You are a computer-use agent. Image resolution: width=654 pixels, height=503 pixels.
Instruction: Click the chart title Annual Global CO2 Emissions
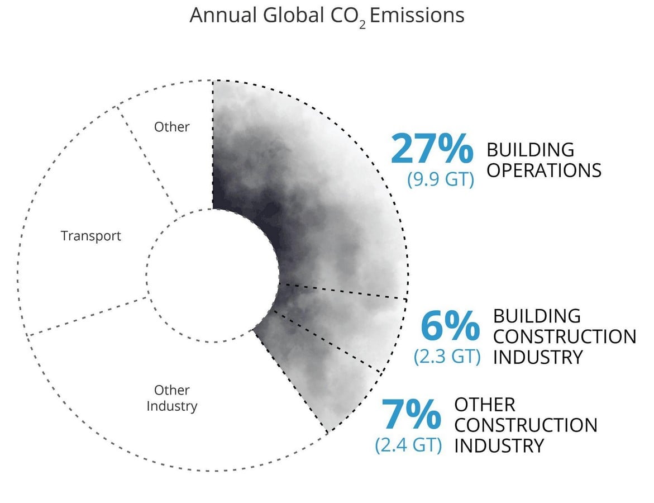coord(327,16)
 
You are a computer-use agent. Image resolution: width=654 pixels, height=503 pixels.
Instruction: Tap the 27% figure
coord(432,148)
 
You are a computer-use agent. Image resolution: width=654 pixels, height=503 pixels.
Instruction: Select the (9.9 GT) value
coord(441,179)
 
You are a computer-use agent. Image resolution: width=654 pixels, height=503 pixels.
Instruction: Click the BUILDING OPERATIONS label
coord(544,160)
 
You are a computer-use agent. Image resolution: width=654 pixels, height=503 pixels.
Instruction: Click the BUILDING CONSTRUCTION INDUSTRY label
coord(565,337)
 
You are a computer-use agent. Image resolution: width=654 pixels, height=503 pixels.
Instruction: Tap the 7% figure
coord(411,414)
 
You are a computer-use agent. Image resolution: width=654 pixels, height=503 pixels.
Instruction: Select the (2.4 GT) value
coord(408,445)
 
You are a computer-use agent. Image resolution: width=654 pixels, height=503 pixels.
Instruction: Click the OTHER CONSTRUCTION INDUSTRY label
coord(526,425)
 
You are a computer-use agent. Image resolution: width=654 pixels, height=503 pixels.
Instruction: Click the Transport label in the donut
coord(91,236)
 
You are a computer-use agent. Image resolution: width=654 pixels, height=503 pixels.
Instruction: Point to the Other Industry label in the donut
coord(172,398)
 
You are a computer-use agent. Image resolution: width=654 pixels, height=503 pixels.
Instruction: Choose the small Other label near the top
coord(172,126)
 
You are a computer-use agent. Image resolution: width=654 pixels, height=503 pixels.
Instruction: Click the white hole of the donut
coord(213,276)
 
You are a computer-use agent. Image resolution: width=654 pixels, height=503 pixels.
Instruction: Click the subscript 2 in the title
coord(362,25)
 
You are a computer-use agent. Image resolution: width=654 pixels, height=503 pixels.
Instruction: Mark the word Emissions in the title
coord(417,16)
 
